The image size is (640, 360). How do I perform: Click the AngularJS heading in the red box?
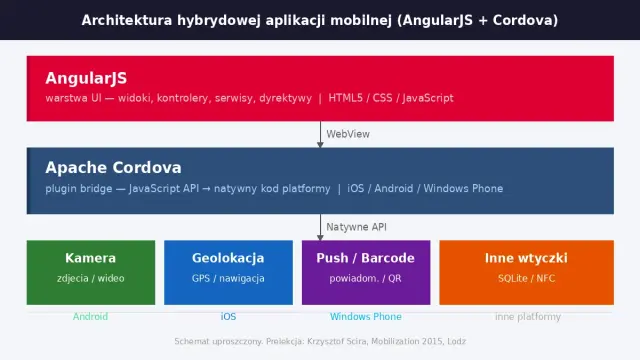(x=86, y=78)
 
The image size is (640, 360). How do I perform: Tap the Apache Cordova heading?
(x=113, y=168)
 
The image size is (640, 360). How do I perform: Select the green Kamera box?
(x=91, y=272)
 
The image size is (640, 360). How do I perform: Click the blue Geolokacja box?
(x=228, y=272)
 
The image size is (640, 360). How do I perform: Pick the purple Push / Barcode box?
(x=365, y=272)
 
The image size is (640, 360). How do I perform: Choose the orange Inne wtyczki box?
(x=526, y=272)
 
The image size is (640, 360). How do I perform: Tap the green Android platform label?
(x=91, y=317)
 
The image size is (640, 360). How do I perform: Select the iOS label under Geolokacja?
(x=228, y=317)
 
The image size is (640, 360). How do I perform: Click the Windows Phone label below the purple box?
(x=365, y=317)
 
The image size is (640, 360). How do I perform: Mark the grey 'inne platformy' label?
(x=526, y=317)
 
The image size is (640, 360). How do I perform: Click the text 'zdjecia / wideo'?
(x=91, y=279)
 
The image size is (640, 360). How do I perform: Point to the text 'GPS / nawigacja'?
(x=228, y=279)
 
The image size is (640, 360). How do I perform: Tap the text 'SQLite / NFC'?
(x=526, y=279)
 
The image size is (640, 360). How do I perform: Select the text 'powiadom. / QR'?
(x=365, y=279)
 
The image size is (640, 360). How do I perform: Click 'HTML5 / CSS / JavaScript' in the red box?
(x=390, y=98)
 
